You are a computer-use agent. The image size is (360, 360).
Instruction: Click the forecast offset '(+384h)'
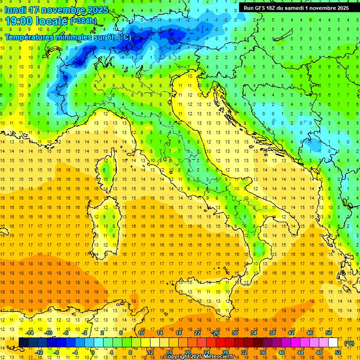tap(83, 21)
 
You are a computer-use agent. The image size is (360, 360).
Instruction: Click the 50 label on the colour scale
tap(328, 333)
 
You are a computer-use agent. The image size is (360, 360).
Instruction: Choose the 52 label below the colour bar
tap(337, 352)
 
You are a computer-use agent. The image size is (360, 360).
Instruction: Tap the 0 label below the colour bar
tap(92, 352)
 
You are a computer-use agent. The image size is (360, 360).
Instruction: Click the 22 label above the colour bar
tap(197, 333)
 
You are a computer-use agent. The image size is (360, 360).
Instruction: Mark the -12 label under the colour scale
tap(39, 352)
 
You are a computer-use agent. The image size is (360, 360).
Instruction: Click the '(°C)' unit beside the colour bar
tap(349, 343)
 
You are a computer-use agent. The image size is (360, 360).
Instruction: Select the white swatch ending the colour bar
tap(333, 343)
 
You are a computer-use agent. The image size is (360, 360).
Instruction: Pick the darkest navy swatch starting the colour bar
tap(23, 343)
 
